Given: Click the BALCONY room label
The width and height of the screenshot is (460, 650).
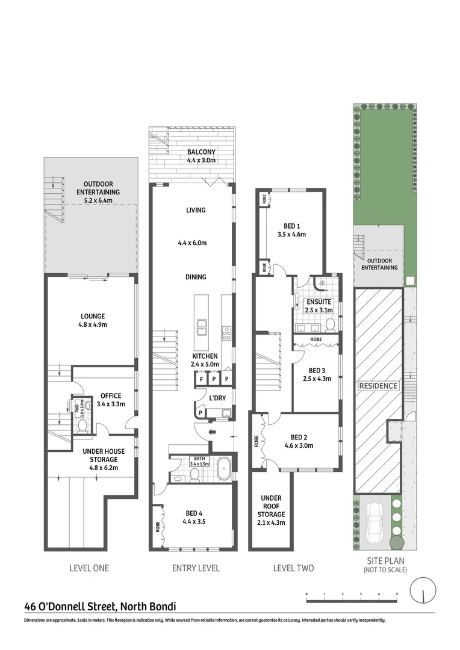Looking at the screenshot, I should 200,152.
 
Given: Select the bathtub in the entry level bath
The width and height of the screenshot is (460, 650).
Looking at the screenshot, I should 223,468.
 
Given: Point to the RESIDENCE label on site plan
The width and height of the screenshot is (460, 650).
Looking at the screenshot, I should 378,386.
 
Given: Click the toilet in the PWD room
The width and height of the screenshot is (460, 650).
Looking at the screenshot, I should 83,425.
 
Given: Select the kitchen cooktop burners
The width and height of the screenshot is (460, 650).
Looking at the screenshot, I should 227,333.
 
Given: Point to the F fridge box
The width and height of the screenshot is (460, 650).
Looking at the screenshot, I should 199,379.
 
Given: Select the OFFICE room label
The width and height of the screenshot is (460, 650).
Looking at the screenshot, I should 111,395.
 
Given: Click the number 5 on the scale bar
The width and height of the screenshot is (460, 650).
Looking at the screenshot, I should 397,594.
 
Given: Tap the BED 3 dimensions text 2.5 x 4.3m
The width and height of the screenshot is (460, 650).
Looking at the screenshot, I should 316,379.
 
